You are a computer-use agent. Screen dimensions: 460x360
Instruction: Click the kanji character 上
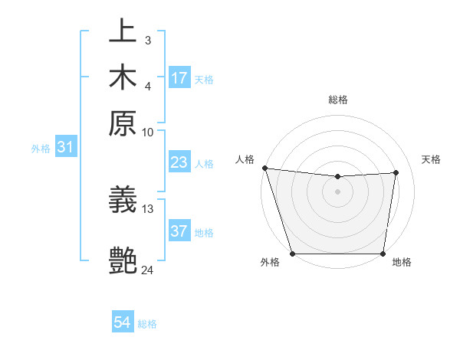click(123, 32)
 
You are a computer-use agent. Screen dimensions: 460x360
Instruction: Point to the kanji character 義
click(123, 201)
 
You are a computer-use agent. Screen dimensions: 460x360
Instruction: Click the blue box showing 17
click(179, 78)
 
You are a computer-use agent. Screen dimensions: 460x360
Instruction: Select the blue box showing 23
click(179, 162)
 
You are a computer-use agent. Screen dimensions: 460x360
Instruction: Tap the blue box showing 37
click(179, 231)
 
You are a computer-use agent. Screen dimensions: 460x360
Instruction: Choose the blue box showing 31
click(65, 148)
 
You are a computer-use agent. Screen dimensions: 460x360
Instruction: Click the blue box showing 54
click(123, 323)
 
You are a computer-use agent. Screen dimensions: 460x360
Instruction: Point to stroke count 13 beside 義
click(148, 208)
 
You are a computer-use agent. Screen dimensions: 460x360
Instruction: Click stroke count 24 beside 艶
click(148, 270)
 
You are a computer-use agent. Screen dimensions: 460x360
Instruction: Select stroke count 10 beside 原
click(148, 132)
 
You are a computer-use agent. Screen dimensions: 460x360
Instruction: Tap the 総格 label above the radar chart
click(338, 100)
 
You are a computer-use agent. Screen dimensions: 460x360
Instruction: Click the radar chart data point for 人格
click(264, 168)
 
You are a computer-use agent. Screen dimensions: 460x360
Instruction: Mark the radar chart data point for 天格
click(396, 172)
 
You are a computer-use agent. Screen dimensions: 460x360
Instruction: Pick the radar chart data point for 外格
click(292, 254)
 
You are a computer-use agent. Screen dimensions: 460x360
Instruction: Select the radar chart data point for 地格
click(383, 254)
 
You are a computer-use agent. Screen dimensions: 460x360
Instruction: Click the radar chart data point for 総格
click(338, 177)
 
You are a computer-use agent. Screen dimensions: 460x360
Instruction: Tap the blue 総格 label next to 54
click(147, 324)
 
